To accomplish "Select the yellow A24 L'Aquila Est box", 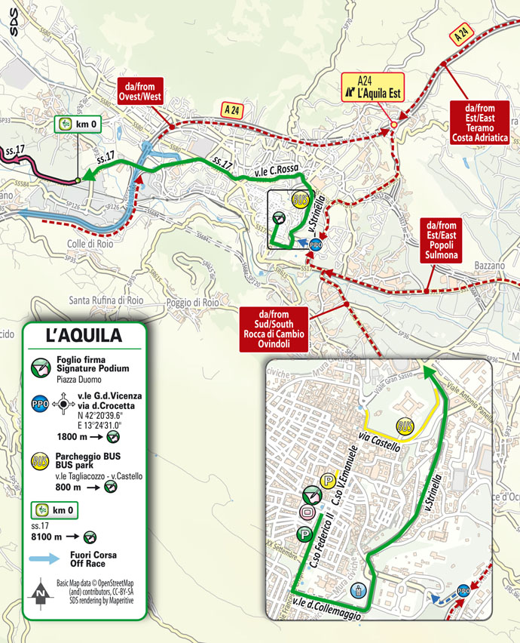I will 372,87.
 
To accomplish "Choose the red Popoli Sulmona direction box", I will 442,240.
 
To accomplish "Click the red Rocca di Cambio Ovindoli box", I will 273,329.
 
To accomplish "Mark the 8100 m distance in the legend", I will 73,537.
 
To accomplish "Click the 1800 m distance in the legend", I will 73,436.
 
